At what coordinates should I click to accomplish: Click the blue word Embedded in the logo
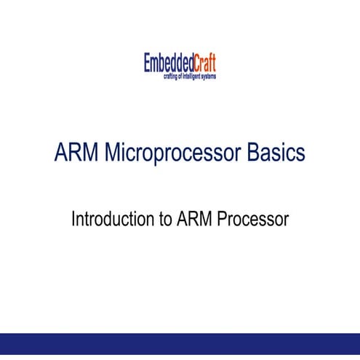(167, 63)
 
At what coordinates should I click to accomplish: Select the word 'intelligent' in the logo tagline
(193, 76)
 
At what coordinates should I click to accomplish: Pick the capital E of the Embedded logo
(148, 63)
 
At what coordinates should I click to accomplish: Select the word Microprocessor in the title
(171, 154)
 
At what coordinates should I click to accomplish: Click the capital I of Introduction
(73, 219)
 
